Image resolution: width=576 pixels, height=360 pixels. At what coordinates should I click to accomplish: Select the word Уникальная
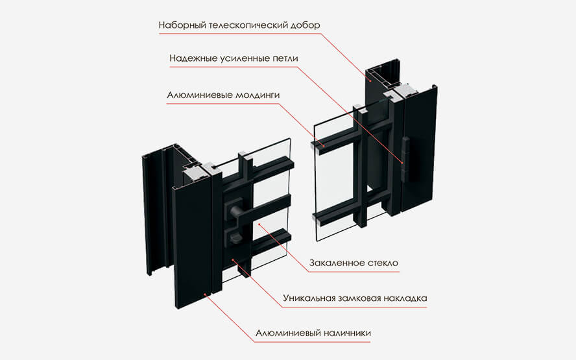(308, 298)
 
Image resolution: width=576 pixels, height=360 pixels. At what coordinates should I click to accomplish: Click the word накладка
(407, 298)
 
